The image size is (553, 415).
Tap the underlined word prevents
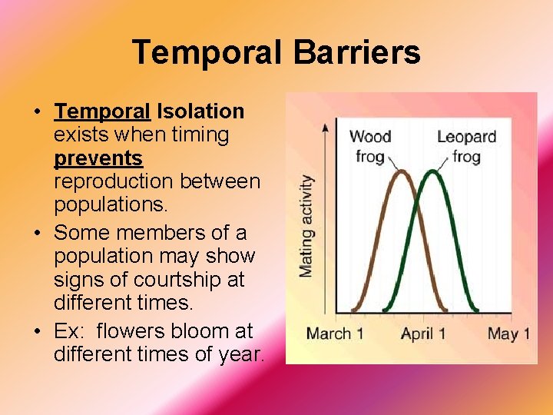98,159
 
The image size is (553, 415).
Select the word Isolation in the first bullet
200,111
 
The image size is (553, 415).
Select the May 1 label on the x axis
508,334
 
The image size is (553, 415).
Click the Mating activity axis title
306,226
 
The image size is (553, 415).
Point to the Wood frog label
370,146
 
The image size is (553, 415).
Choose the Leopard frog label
466,146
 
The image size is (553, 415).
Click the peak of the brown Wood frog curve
401,171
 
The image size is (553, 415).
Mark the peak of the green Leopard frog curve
432,171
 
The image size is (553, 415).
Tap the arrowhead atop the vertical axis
327,126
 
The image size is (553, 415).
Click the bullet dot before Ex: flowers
38,332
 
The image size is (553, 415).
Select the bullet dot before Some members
38,232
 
